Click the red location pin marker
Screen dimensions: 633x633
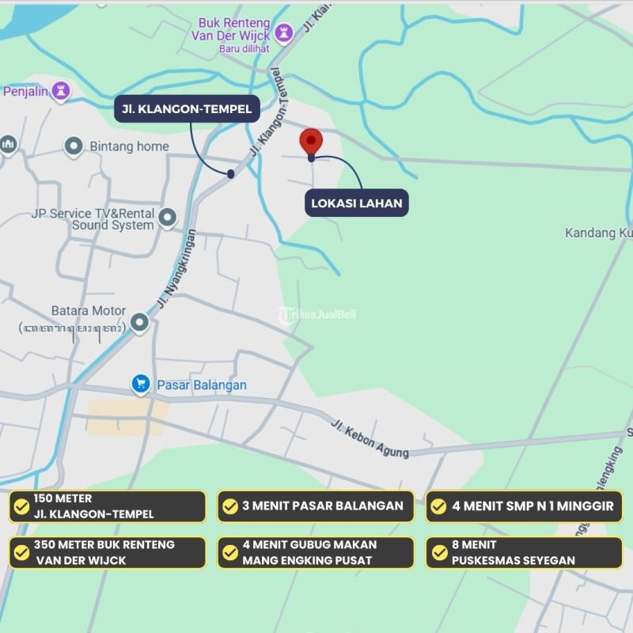311,142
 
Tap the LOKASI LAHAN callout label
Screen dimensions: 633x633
357,203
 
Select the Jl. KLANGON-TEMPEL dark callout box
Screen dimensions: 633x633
187,109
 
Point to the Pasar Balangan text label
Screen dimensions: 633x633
202,385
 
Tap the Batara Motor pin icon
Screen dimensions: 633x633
140,322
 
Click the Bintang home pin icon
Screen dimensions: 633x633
74,146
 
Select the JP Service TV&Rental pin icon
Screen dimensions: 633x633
167,218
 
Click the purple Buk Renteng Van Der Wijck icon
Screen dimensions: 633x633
283,33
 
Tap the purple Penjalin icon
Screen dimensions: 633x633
60,91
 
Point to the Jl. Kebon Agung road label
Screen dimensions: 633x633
370,438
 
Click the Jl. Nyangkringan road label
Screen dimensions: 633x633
176,269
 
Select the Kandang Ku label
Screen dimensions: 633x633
598,233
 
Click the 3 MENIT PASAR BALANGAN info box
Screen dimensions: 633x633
316,506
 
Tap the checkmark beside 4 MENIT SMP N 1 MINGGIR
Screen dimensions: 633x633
439,506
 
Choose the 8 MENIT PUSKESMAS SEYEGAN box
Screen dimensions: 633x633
524,552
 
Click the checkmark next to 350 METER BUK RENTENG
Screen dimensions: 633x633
21,552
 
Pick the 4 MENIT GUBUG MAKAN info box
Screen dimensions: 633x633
316,552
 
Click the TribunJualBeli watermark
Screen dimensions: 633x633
317,314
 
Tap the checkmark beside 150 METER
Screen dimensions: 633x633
21,506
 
